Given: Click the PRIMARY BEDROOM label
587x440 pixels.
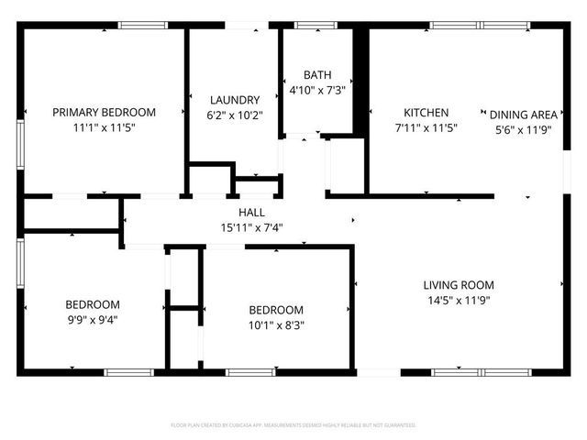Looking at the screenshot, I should (x=104, y=112).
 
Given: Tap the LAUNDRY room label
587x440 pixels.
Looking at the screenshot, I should (x=235, y=100).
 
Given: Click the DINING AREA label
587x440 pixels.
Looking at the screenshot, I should (x=523, y=115).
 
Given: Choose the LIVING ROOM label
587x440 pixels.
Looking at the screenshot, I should (x=459, y=284).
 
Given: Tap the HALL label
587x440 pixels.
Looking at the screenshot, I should (x=250, y=211).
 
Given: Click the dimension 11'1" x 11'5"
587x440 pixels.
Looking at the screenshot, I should (x=104, y=128).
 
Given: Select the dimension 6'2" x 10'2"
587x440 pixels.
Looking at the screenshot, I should (x=235, y=115).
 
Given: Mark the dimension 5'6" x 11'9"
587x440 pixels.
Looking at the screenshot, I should (x=523, y=130).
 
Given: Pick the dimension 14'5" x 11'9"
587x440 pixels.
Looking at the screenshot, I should (x=459, y=300).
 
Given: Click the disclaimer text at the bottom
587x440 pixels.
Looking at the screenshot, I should (x=293, y=425).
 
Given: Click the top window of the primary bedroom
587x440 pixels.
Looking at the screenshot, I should (x=137, y=26).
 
